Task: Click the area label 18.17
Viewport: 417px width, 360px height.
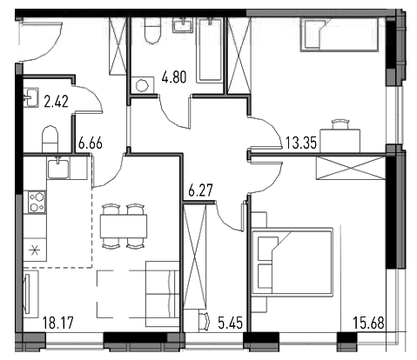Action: (58, 323)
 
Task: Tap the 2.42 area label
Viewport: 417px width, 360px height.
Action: (57, 102)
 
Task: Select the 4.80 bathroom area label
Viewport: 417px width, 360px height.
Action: (174, 77)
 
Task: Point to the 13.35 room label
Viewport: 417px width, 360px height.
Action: (301, 143)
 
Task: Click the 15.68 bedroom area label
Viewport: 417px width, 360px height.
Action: (368, 323)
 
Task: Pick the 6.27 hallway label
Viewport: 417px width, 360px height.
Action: (200, 190)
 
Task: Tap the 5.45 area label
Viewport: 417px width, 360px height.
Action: (230, 323)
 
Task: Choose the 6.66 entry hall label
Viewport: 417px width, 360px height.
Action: (91, 143)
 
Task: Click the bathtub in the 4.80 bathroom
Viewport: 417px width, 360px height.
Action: (210, 50)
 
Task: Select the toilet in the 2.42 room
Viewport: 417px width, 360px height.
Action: (50, 139)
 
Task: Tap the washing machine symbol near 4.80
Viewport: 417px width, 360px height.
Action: (142, 85)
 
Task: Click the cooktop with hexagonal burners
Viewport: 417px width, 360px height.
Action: (37, 202)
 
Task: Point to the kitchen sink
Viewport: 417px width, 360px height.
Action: (58, 169)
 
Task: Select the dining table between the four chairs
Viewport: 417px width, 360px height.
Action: (124, 226)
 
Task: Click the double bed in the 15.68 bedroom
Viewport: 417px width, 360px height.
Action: (293, 262)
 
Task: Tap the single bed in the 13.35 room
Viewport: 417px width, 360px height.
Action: (340, 35)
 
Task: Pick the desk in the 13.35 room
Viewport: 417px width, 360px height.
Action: (340, 141)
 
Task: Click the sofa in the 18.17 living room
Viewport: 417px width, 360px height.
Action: (162, 294)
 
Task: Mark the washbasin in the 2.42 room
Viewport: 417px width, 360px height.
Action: (30, 97)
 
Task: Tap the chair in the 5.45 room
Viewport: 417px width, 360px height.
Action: (204, 321)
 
